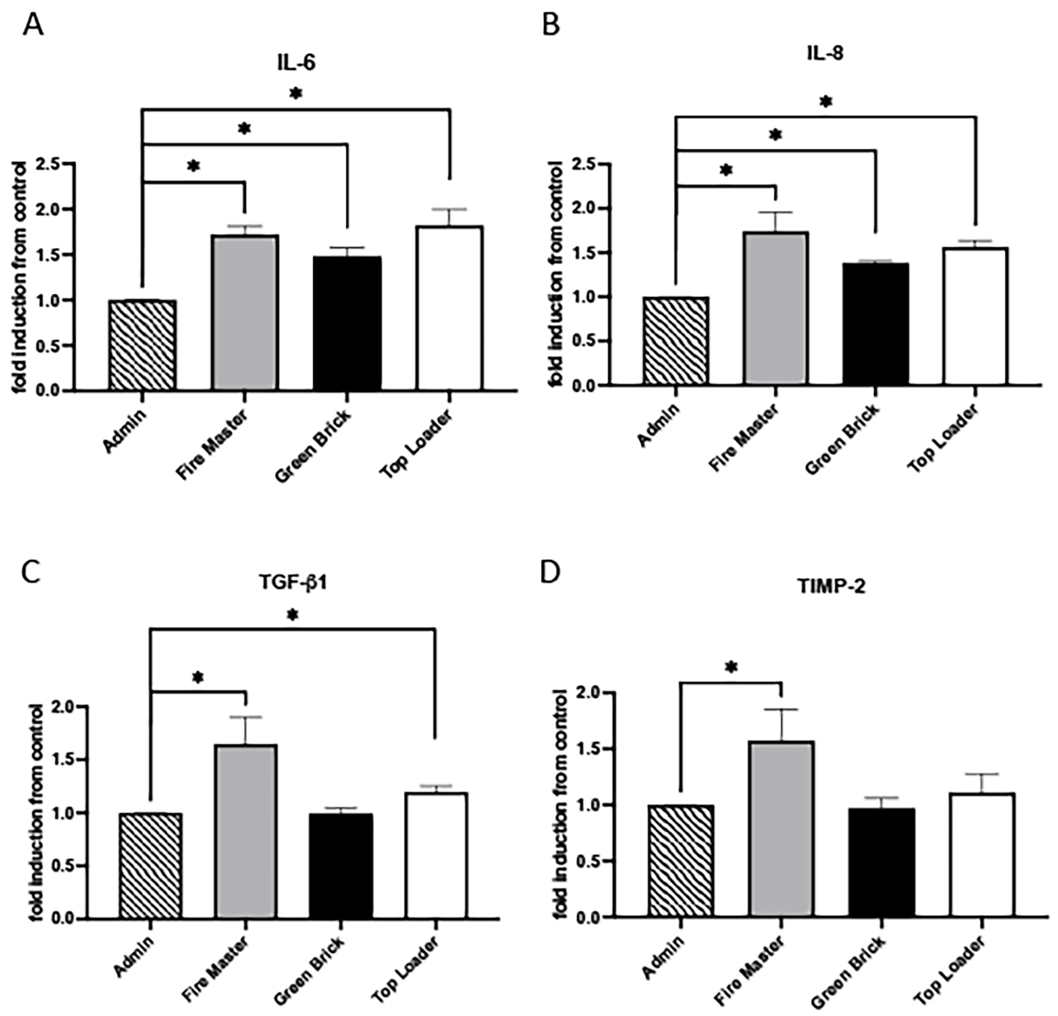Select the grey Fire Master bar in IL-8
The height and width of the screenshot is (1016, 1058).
[x=776, y=309]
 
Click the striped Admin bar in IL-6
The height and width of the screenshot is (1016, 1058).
[x=142, y=345]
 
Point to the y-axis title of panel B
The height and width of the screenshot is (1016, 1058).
[x=554, y=275]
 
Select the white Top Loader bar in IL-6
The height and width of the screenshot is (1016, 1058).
[x=450, y=309]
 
